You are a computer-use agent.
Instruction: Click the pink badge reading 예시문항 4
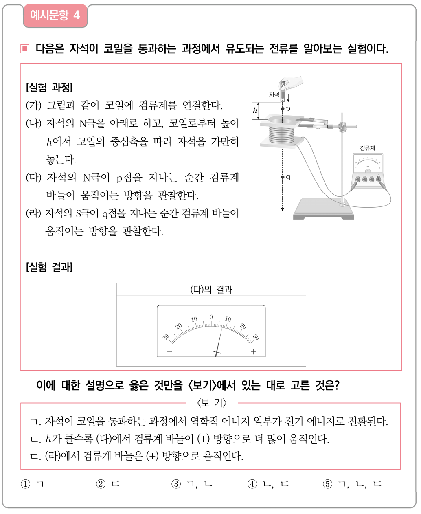coord(55,16)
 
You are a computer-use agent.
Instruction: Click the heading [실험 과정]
coord(49,87)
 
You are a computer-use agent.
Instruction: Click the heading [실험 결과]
coord(49,267)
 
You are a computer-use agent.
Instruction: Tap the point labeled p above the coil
coord(283,109)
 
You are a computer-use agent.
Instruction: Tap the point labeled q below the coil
coord(283,177)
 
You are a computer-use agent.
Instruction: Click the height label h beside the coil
coord(255,110)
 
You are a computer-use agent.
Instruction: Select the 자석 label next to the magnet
coord(274,94)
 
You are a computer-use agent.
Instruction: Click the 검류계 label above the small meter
coord(367,148)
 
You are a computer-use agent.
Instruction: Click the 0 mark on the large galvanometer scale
coord(211,317)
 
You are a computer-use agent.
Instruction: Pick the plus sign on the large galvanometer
coord(253,352)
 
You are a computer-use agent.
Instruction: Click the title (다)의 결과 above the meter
coord(211,290)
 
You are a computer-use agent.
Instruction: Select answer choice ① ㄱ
coord(33,484)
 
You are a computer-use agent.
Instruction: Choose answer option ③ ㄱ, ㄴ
coord(192,484)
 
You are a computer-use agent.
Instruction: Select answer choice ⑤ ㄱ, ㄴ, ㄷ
coord(352,484)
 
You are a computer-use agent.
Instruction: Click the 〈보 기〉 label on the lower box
coord(211,403)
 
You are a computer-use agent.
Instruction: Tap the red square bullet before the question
coord(25,49)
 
